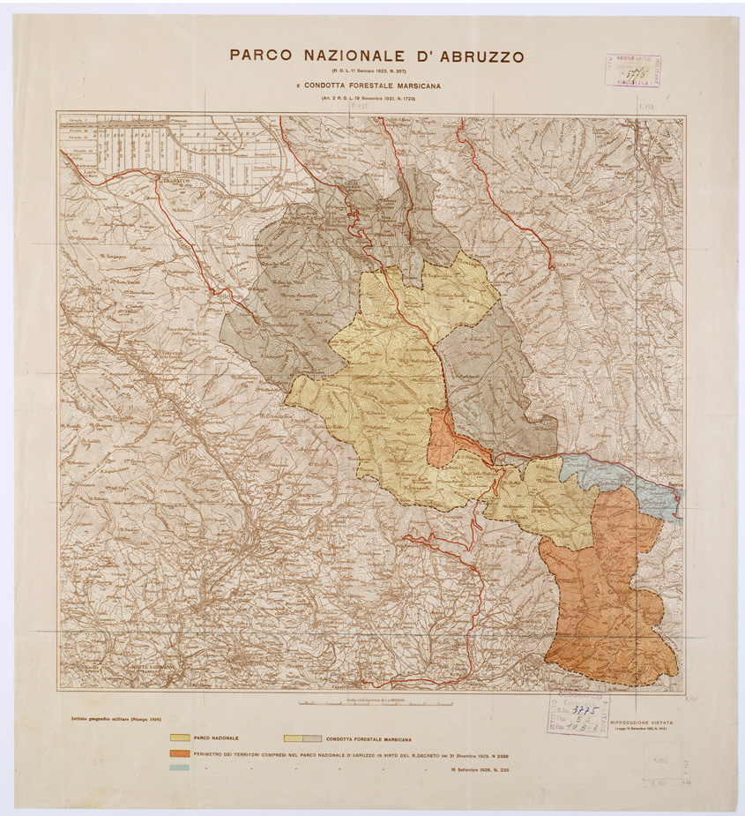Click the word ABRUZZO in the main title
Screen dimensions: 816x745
point(475,56)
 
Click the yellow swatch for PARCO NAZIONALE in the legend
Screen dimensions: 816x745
point(178,737)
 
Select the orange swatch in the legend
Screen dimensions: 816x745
point(178,755)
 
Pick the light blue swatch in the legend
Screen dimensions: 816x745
point(178,770)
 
